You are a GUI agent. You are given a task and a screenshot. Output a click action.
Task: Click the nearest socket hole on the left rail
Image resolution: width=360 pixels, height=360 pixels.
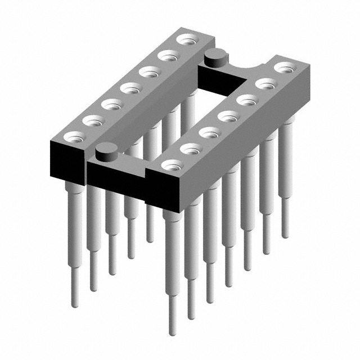(x=74, y=135)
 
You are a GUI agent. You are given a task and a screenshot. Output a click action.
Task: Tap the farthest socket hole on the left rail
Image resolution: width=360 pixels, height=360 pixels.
(x=184, y=40)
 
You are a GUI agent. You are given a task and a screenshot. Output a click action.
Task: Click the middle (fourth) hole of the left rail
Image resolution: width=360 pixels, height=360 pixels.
(x=130, y=88)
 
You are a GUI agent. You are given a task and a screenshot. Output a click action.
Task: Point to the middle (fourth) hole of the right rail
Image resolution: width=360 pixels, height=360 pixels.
(x=228, y=116)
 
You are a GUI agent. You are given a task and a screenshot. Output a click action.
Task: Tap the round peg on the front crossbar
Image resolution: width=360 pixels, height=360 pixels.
(x=106, y=151)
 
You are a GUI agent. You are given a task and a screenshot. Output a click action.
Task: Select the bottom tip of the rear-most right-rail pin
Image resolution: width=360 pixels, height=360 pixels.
(x=285, y=233)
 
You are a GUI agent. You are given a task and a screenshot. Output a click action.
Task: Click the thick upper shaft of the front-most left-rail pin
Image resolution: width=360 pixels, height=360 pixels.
(x=74, y=225)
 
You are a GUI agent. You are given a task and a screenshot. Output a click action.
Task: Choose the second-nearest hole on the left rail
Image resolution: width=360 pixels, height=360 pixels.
(x=93, y=120)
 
